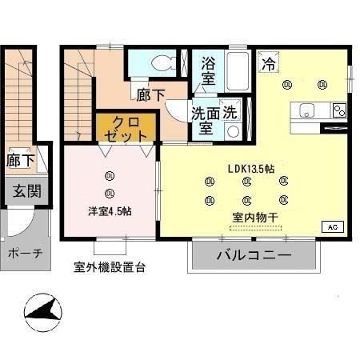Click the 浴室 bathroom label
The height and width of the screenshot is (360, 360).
pos(208,70)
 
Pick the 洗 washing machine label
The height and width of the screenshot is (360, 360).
pos(230,112)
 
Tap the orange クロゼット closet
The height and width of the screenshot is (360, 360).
pos(128,128)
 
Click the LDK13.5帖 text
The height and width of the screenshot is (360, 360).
pos(251,169)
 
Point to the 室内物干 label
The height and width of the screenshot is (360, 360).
pos(257,216)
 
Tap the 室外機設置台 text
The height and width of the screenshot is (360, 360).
pos(109,267)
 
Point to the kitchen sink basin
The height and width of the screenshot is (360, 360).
pos(308,110)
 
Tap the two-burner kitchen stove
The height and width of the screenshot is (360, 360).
pos(338,110)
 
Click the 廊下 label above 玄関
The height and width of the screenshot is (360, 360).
pos(21,160)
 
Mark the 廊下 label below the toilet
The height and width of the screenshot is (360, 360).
pos(150,95)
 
